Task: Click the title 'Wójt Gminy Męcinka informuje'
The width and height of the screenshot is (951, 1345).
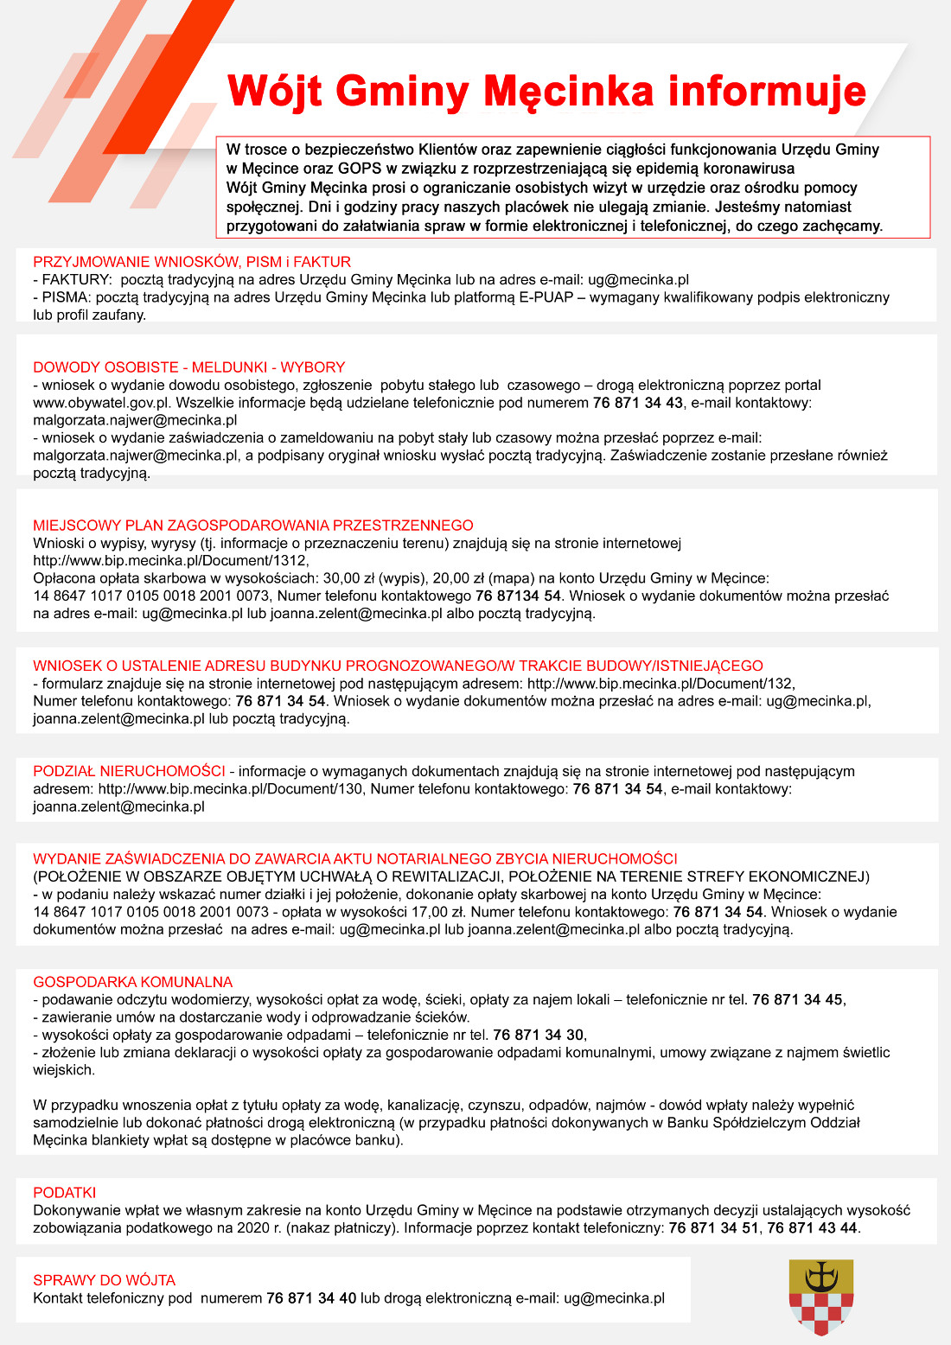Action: pyautogui.click(x=546, y=92)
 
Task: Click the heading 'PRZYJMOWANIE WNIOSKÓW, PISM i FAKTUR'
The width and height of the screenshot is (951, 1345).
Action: pyautogui.click(x=192, y=262)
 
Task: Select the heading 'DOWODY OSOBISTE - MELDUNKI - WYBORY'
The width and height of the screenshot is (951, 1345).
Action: pyautogui.click(x=188, y=367)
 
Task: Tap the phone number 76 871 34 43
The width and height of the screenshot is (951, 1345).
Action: pyautogui.click(x=637, y=403)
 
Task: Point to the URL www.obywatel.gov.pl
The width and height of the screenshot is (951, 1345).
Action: pyautogui.click(x=101, y=403)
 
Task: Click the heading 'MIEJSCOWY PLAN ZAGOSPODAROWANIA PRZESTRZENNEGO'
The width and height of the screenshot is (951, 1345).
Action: pyautogui.click(x=253, y=526)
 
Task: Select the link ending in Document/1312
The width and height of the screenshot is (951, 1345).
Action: pyautogui.click(x=170, y=561)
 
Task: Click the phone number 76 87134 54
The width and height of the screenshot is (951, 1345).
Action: pyautogui.click(x=518, y=596)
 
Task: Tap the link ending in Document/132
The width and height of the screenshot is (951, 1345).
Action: pyautogui.click(x=661, y=684)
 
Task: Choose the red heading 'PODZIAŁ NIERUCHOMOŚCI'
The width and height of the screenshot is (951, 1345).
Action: pyautogui.click(x=129, y=771)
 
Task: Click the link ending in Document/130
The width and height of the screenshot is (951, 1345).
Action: pyautogui.click(x=230, y=789)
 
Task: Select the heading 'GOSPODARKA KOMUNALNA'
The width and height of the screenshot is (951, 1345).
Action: pyautogui.click(x=133, y=982)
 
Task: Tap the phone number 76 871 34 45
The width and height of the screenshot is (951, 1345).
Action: pyautogui.click(x=797, y=1000)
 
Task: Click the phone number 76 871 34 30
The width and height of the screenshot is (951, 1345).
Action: pyautogui.click(x=539, y=1035)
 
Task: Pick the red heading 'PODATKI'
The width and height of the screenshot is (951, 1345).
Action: pyautogui.click(x=65, y=1193)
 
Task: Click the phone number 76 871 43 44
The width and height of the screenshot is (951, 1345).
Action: pyautogui.click(x=812, y=1228)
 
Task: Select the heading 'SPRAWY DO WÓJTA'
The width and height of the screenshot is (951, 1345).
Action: pyautogui.click(x=105, y=1280)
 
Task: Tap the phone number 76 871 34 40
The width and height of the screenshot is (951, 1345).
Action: pyautogui.click(x=311, y=1298)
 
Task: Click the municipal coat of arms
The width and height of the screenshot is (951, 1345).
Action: pyautogui.click(x=821, y=1297)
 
